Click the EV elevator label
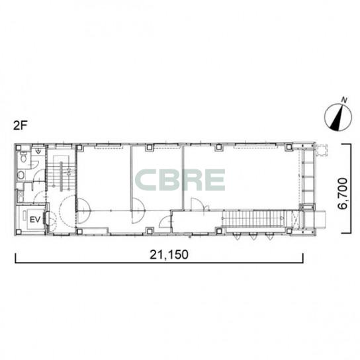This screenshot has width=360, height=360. pos(35,220)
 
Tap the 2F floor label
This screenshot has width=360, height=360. pos(21,125)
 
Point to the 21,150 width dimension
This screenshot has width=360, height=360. pos(169,254)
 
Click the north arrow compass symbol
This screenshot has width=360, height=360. pos(338,118)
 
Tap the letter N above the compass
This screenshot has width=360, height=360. pos(344,100)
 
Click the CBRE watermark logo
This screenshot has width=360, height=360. pos(180,180)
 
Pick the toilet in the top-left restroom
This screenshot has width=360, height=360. pos(24,157)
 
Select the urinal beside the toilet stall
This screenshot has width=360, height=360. pos(38,151)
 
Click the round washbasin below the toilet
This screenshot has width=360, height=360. pos(21,175)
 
